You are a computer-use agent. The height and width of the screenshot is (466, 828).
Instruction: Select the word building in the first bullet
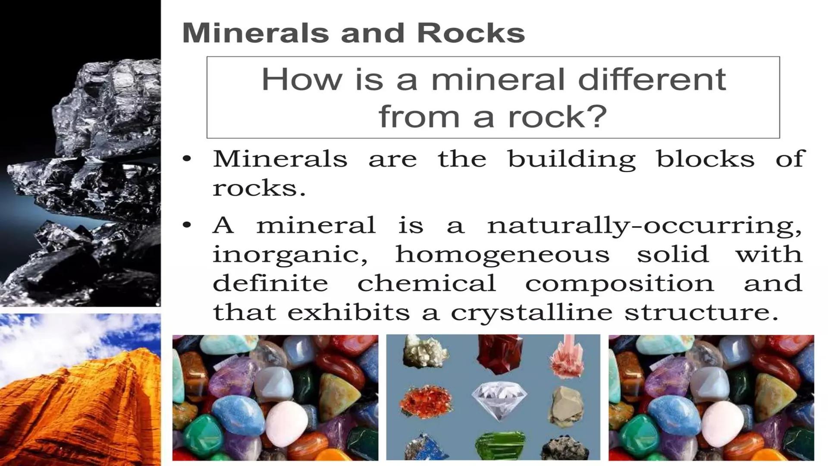pyautogui.click(x=571, y=159)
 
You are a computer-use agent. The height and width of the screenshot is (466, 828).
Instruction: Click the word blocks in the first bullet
pyautogui.click(x=705, y=158)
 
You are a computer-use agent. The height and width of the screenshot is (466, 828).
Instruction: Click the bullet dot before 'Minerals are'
pyautogui.click(x=186, y=159)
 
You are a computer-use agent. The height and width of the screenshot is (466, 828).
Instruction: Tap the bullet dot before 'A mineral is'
pyautogui.click(x=186, y=225)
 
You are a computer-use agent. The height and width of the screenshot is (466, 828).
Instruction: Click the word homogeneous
pyautogui.click(x=502, y=255)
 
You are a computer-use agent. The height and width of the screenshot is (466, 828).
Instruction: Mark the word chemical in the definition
pyautogui.click(x=427, y=283)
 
